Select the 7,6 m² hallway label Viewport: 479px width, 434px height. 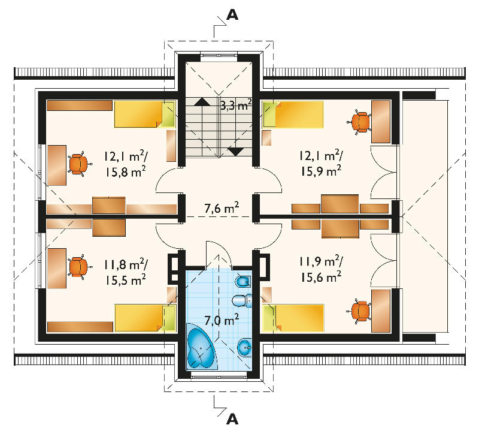tap(222, 208)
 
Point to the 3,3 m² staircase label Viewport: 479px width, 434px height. tap(236, 105)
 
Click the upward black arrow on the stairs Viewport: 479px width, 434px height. tap(202, 102)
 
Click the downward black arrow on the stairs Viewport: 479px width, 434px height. tap(235, 152)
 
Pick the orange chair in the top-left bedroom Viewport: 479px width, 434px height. tap(79, 164)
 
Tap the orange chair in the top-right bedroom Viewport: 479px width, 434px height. tap(359, 122)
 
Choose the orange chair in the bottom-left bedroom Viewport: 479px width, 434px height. tap(79, 267)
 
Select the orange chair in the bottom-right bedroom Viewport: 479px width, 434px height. tap(359, 311)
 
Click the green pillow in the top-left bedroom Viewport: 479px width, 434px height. tap(168, 114)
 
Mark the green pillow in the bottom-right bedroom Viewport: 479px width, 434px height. tap(269, 318)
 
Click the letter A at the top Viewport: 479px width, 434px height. tap(232, 14)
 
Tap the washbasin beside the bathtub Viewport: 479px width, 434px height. tap(245, 348)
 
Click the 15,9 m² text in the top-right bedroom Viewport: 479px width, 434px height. tap(321, 171)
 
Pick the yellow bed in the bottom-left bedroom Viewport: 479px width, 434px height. tap(145, 318)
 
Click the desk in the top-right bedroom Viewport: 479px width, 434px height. tap(381, 122)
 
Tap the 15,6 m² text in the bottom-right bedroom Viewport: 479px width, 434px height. tap(321, 278)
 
